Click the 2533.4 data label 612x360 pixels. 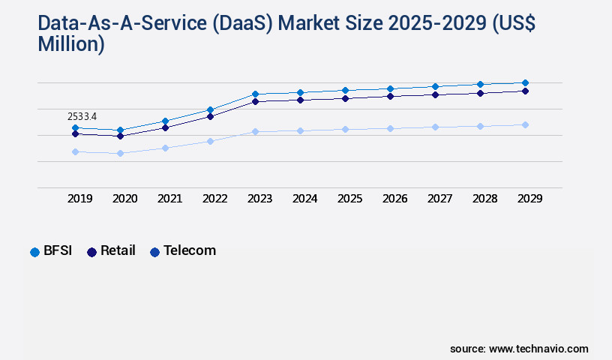(82, 116)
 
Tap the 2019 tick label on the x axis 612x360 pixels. (80, 199)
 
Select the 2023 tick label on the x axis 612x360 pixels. (259, 199)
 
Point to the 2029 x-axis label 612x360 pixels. (529, 199)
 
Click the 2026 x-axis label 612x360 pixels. (394, 199)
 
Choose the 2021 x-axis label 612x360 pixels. (169, 199)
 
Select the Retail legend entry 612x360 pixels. (111, 250)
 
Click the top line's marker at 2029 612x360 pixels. (525, 82)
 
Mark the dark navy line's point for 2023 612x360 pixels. (255, 101)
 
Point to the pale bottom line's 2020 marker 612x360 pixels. (120, 153)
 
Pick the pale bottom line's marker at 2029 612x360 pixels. (525, 124)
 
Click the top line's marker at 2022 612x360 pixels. (210, 109)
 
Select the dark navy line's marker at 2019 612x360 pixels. (75, 133)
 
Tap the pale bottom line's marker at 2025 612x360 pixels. (345, 129)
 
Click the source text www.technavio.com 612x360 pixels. (538, 349)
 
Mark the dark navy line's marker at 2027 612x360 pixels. (435, 94)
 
